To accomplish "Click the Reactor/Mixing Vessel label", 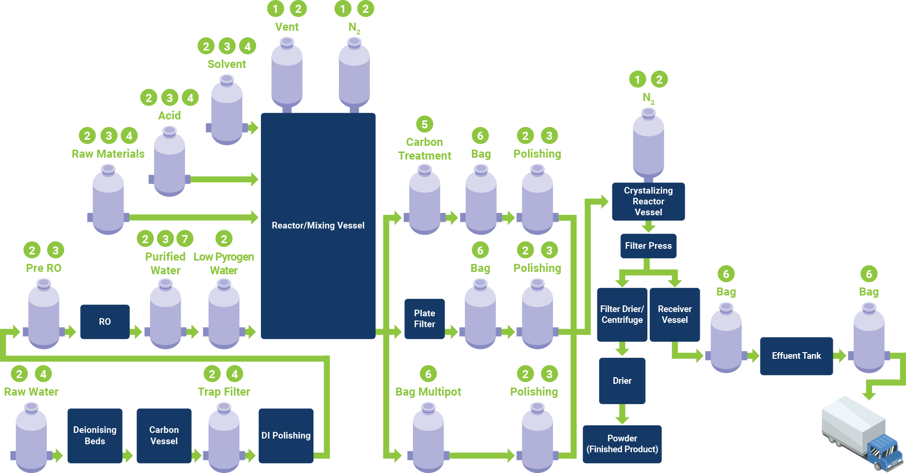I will tap(318, 226).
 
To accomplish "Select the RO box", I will tap(105, 321).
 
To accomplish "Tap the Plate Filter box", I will tap(424, 319).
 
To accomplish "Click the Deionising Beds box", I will tap(95, 435).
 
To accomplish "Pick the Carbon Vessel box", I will tap(164, 435).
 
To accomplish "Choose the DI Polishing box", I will tap(286, 435).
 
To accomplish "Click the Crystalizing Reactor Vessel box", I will tap(648, 202).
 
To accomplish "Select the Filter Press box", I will tap(648, 246).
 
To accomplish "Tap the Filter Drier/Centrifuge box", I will tap(622, 314).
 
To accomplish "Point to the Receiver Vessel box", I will tap(675, 314).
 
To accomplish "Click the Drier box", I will tap(622, 380).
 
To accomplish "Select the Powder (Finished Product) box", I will tap(622, 444).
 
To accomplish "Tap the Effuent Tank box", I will tap(797, 356).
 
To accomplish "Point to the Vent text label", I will tap(287, 27).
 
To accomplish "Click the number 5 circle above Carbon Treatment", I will tap(425, 125).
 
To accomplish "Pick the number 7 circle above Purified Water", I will tap(185, 239).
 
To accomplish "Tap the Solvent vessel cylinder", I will tap(227, 111).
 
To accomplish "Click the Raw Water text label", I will tap(31, 392).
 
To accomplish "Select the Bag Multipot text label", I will tap(428, 392).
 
